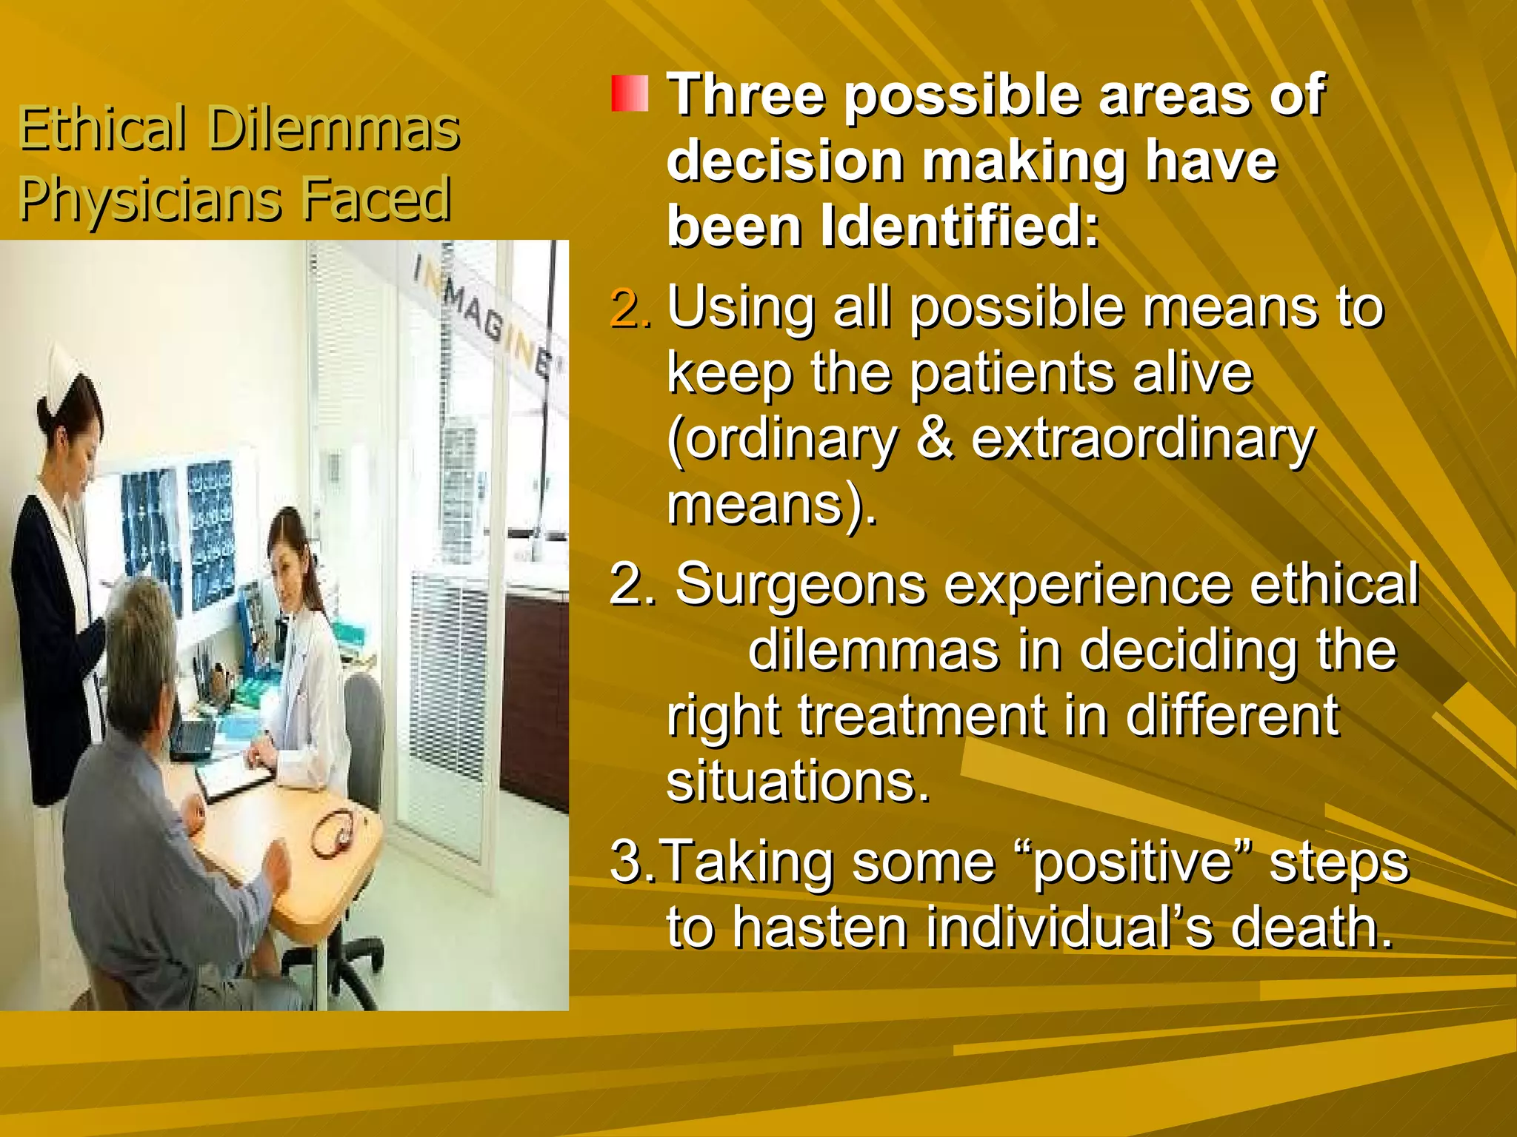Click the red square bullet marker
click(630, 93)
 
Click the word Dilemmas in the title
click(334, 129)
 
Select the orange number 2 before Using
click(630, 307)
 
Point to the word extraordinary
click(1142, 439)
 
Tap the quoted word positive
click(1131, 862)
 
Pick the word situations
click(797, 781)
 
